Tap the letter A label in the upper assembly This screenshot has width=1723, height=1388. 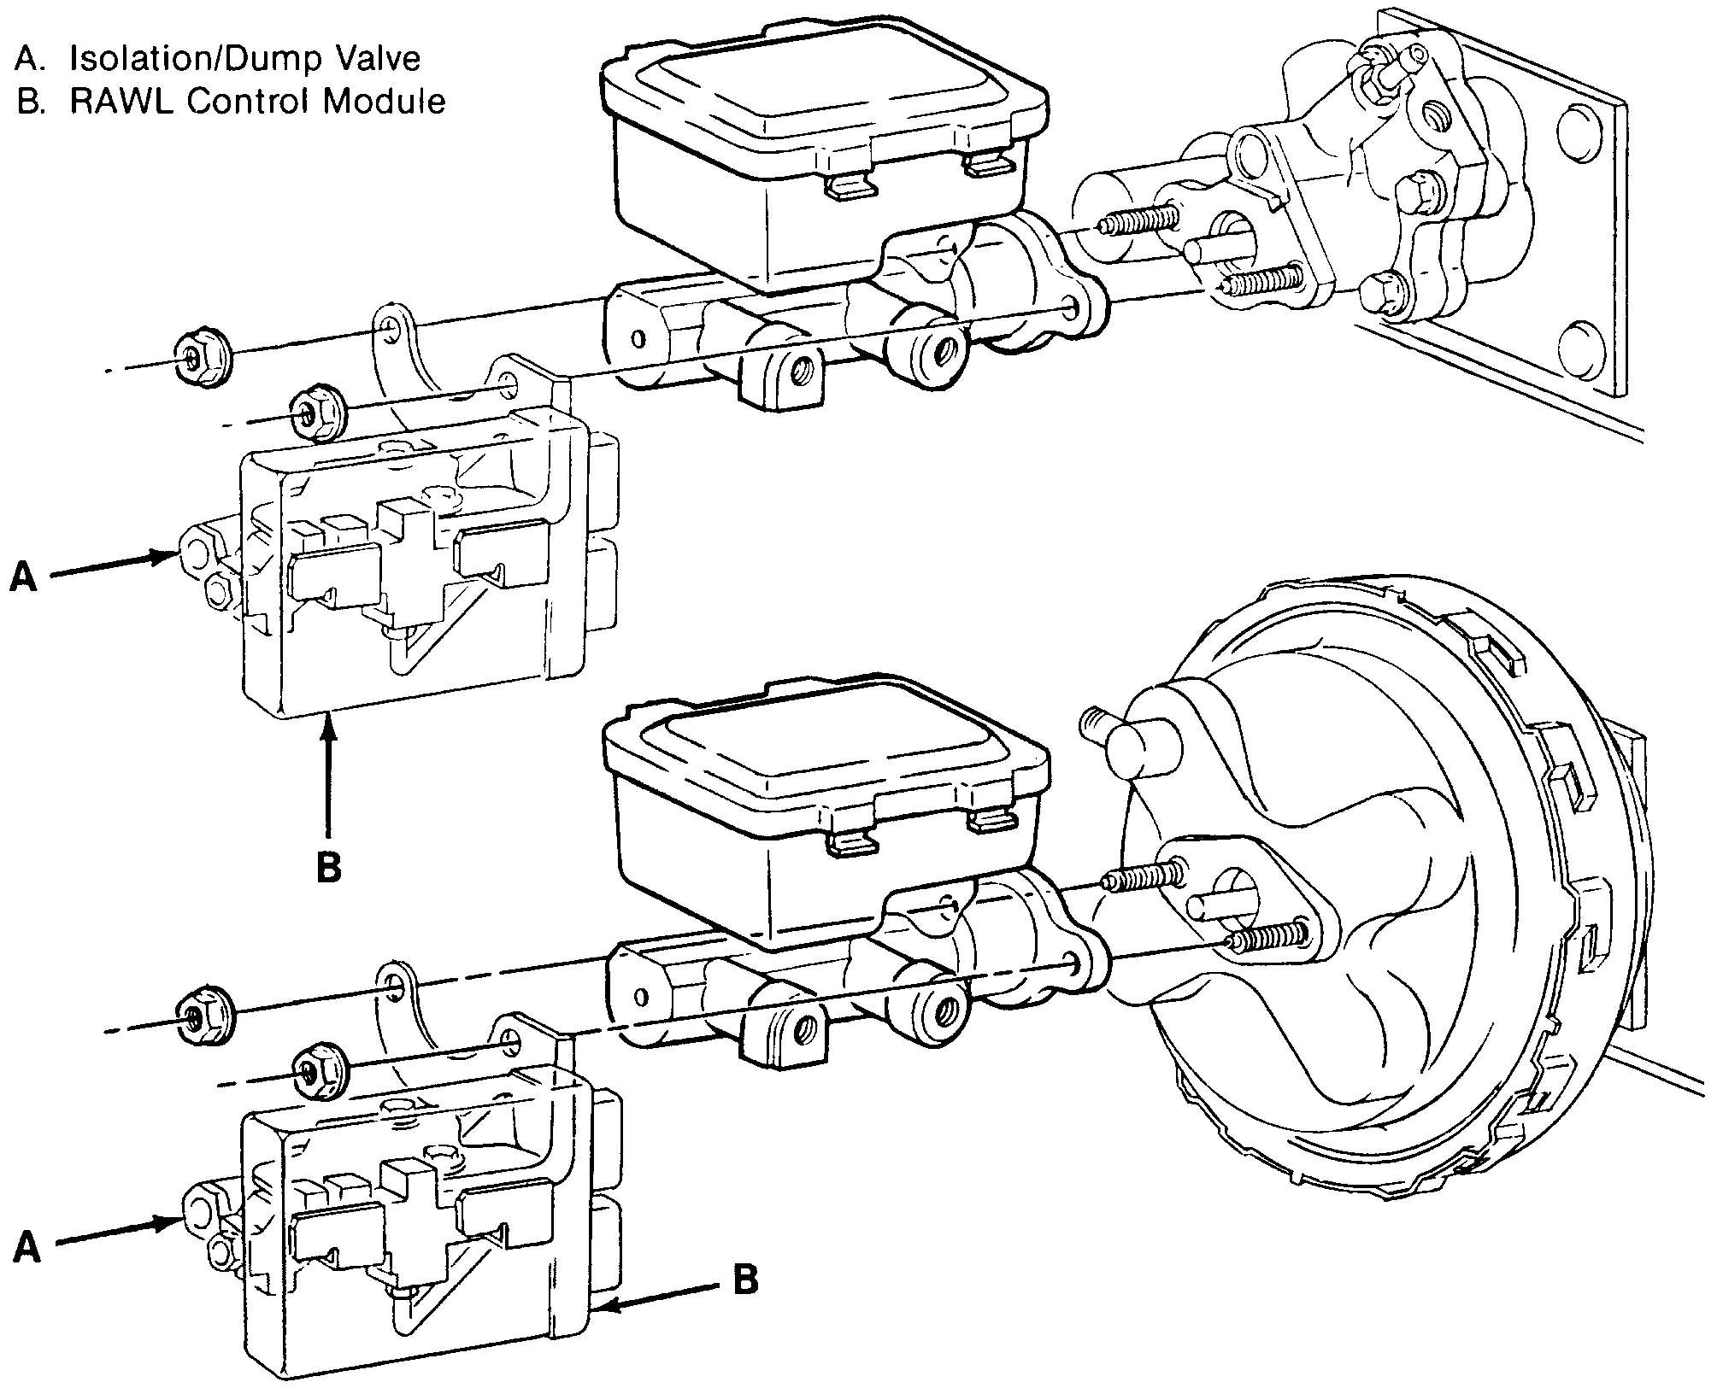tap(23, 578)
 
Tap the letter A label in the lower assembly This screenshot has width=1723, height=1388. tap(26, 1250)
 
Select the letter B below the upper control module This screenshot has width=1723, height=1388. tap(329, 868)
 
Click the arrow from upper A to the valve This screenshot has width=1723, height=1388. tap(111, 565)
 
